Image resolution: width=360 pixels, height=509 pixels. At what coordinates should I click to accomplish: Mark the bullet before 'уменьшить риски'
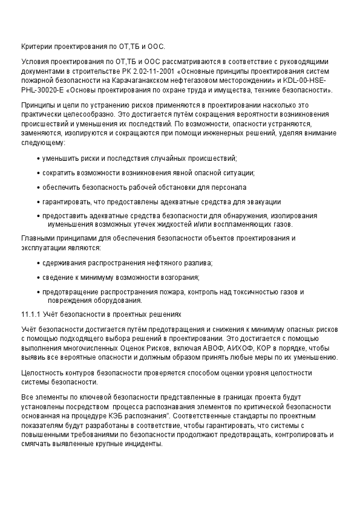click(38, 158)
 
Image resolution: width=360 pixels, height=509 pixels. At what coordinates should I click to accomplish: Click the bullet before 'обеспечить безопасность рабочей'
click(38, 187)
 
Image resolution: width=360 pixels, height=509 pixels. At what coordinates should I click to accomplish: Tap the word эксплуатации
click(43, 248)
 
